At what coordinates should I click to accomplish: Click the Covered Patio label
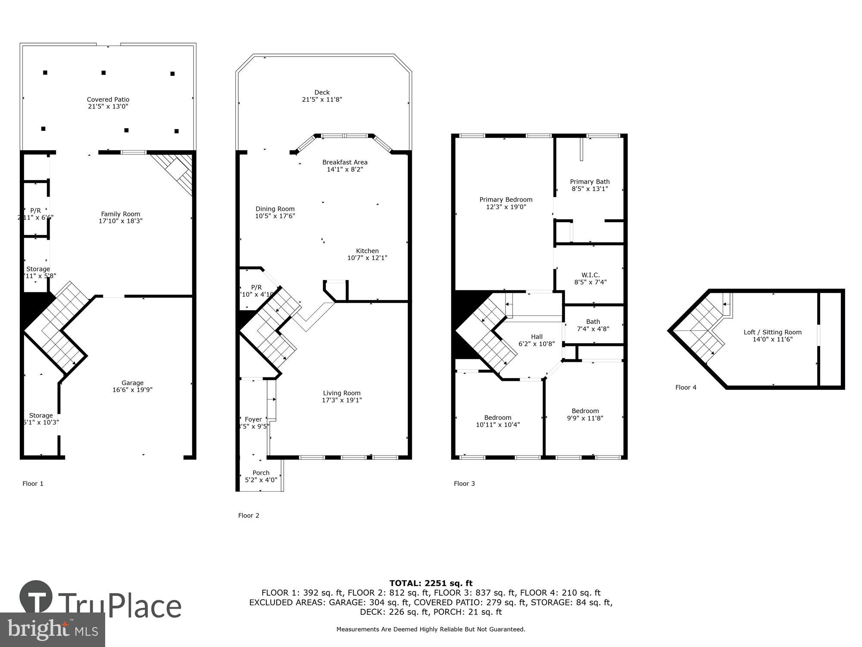(108, 100)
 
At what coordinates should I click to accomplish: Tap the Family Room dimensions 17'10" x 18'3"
(120, 221)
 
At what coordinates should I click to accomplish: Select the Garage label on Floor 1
(132, 383)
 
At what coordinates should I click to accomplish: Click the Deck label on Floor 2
(322, 92)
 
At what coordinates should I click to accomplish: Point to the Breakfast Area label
(345, 163)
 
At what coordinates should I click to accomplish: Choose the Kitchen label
(367, 251)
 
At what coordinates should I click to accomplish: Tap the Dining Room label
(275, 209)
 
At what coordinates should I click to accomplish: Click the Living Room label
(342, 393)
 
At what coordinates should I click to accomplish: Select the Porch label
(261, 473)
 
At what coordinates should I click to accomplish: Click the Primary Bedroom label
(506, 200)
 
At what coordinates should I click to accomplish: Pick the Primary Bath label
(590, 182)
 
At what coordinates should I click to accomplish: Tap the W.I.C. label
(590, 275)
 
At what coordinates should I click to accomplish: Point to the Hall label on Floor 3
(537, 337)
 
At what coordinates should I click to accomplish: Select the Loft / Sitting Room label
(772, 332)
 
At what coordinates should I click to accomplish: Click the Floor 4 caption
(685, 387)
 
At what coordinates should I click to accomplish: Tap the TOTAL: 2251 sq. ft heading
(431, 583)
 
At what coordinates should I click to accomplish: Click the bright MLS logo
(53, 629)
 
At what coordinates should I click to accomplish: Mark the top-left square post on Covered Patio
(45, 72)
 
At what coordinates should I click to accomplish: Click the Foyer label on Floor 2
(253, 419)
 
